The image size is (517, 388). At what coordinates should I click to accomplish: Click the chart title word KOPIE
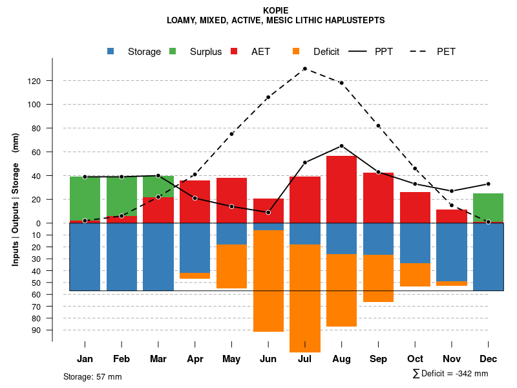click(276, 10)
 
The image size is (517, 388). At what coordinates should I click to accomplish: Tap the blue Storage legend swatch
click(111, 51)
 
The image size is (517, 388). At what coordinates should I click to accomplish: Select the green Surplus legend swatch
click(173, 51)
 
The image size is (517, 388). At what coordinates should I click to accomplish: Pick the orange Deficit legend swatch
click(296, 51)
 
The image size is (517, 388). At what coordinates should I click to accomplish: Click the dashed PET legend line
click(419, 51)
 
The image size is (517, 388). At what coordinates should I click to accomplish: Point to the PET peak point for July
click(305, 69)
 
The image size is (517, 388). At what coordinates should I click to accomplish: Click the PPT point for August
click(341, 145)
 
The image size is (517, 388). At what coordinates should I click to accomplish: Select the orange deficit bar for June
click(268, 281)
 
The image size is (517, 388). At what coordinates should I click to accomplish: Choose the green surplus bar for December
click(488, 208)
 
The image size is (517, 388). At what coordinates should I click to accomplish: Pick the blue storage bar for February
click(121, 257)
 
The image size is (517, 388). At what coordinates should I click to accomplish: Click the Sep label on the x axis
click(378, 359)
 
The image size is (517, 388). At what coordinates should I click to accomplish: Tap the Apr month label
click(195, 359)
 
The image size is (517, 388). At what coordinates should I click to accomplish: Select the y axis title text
click(16, 199)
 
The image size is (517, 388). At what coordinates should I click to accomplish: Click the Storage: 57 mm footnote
click(92, 376)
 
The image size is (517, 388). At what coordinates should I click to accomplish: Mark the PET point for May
click(231, 134)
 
